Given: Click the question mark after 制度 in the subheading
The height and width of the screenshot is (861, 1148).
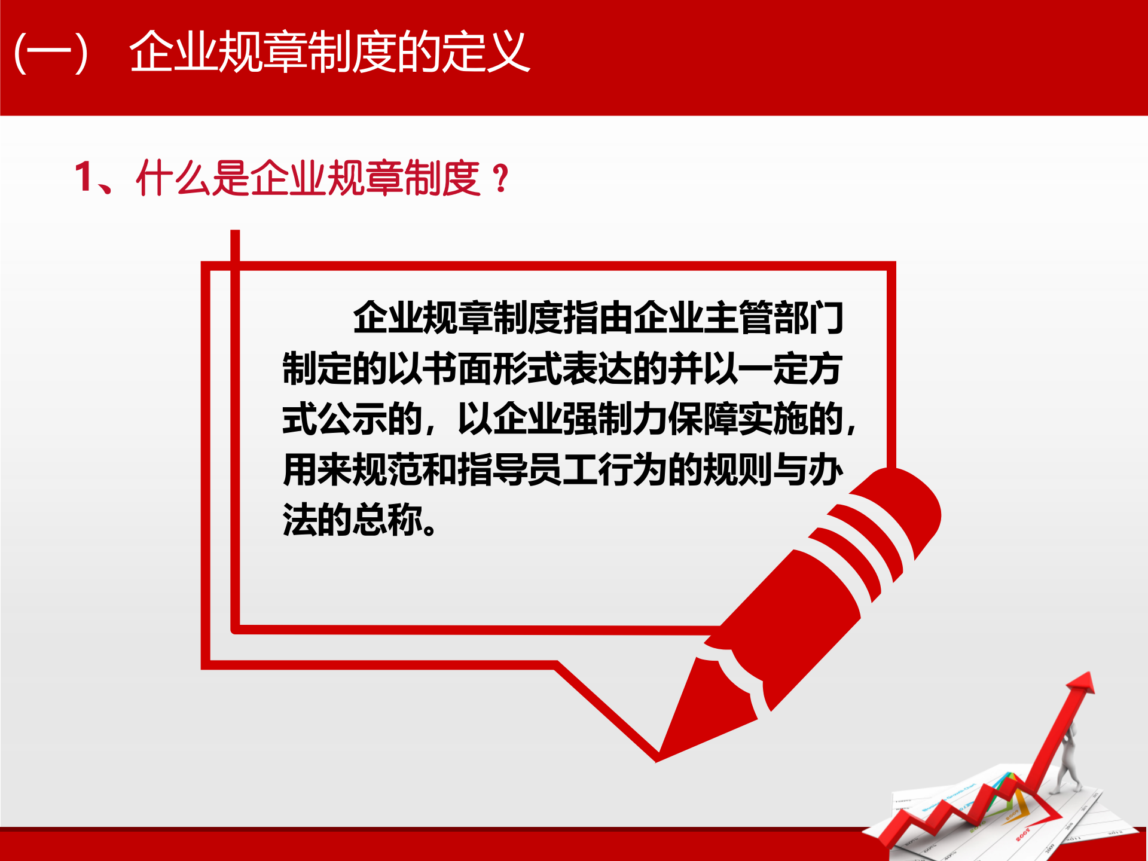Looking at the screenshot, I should tap(501, 179).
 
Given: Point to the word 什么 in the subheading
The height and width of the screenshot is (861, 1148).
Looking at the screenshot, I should tap(173, 178).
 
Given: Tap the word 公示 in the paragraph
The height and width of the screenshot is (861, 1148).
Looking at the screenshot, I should tap(352, 419).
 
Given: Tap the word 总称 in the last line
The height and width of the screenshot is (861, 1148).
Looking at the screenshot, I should tap(387, 519).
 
